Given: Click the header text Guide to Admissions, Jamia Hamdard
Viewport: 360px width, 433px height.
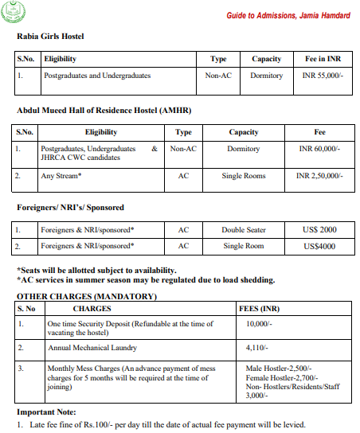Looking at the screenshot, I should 288,16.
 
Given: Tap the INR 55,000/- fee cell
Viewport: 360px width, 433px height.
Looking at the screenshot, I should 323,76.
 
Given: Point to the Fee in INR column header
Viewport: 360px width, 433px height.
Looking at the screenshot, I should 323,59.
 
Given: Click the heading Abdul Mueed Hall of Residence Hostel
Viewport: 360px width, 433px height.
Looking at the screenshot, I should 104,110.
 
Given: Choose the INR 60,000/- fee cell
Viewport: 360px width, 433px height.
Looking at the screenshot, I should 320,149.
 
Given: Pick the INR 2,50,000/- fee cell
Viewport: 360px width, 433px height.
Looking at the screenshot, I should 320,175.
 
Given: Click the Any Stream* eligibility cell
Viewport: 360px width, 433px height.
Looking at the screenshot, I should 62,175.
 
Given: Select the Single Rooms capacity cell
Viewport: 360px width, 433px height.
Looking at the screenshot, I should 243,175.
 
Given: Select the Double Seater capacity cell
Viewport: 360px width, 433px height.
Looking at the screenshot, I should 243,230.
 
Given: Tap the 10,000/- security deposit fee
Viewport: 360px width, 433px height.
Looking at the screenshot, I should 260,324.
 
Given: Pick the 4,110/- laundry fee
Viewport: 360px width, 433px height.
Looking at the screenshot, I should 257,349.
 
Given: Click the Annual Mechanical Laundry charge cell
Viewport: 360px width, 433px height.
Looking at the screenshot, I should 92,349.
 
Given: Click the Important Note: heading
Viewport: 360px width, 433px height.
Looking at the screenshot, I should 46,412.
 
